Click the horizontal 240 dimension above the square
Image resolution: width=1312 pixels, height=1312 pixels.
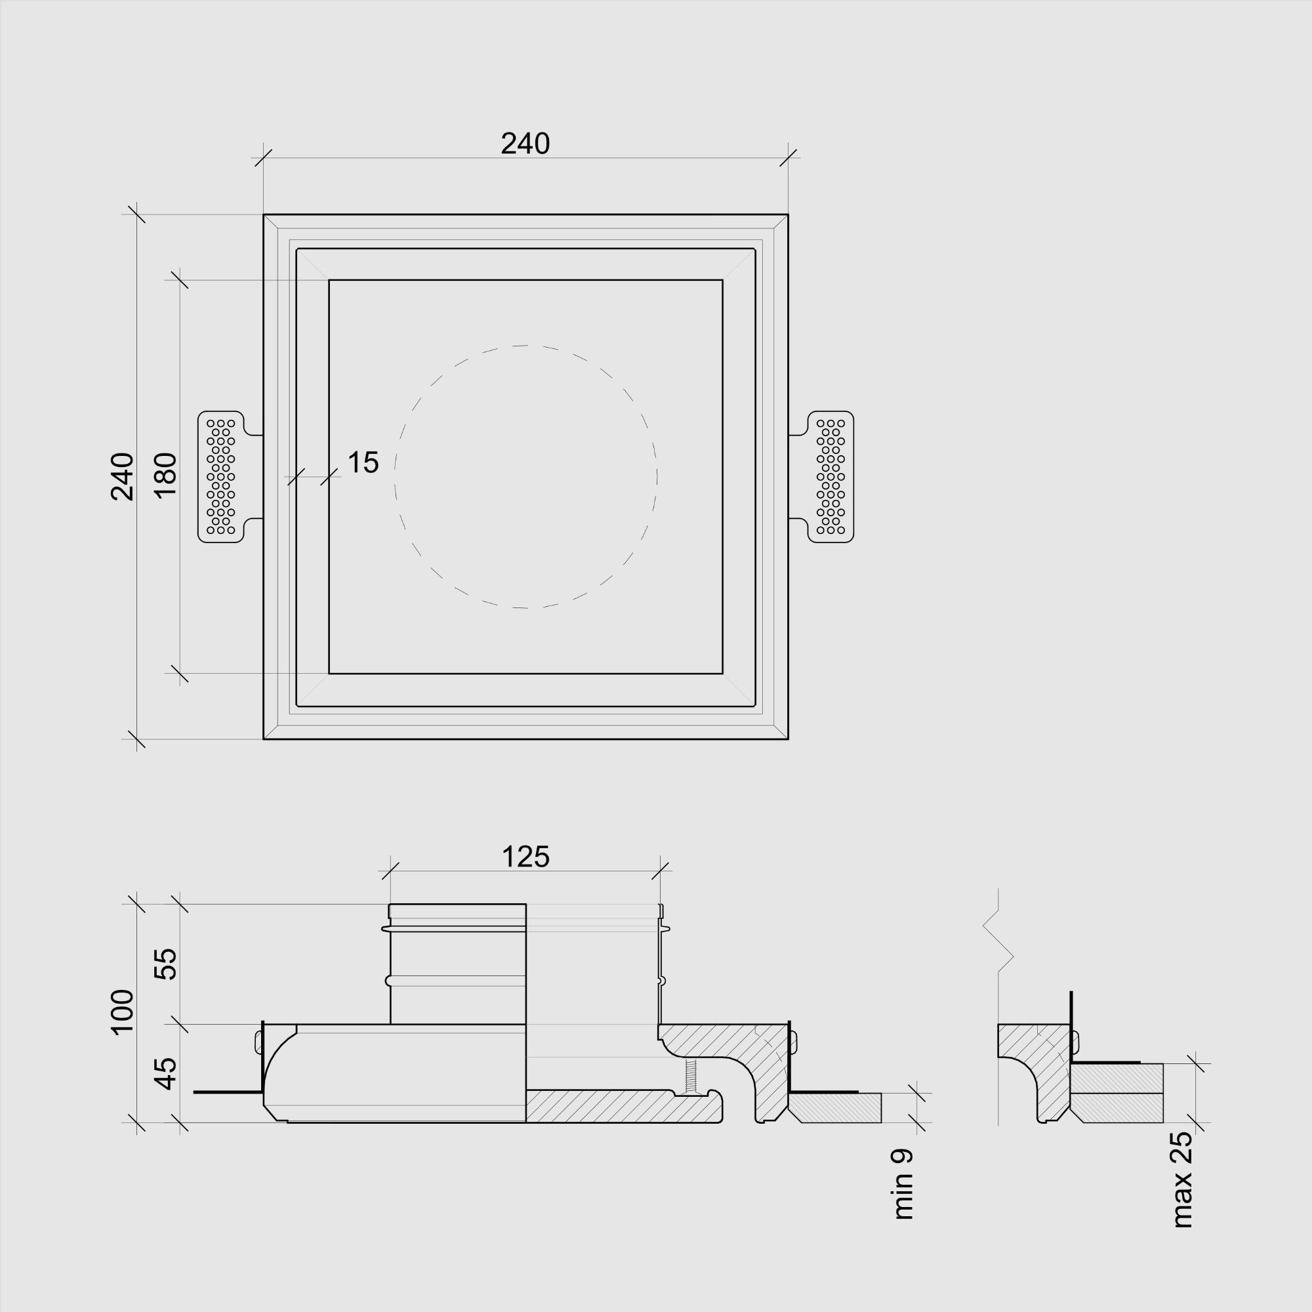525,144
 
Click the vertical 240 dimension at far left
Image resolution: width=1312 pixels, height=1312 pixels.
122,477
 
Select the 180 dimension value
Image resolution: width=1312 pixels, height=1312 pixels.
165,476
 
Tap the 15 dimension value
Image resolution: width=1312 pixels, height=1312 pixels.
363,462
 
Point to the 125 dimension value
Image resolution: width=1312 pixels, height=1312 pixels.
525,857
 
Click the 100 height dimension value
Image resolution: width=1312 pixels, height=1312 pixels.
122,1012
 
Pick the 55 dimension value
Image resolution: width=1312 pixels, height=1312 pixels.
165,964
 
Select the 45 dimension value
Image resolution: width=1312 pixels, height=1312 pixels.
165,1074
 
